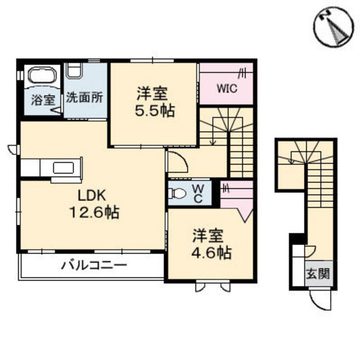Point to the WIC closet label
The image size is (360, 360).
click(225, 89)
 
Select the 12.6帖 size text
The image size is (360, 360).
click(93, 213)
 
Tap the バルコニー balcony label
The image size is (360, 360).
click(94, 265)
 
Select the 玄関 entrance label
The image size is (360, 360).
click(317, 274)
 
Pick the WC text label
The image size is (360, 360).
click(199, 192)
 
